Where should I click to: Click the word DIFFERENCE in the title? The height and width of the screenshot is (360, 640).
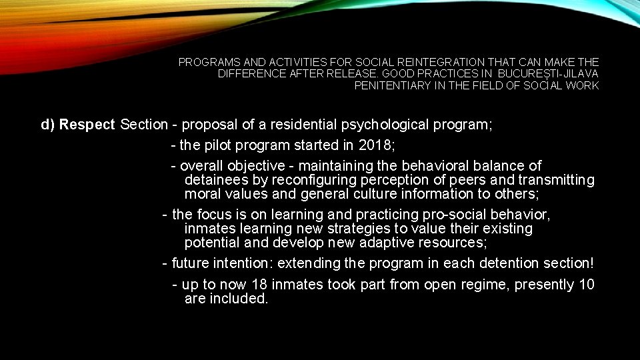[x=248, y=73]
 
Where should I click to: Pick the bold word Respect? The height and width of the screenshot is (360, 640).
[x=87, y=125]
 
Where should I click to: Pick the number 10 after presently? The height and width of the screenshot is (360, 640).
[x=587, y=285]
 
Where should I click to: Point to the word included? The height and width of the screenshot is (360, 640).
[x=239, y=299]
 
